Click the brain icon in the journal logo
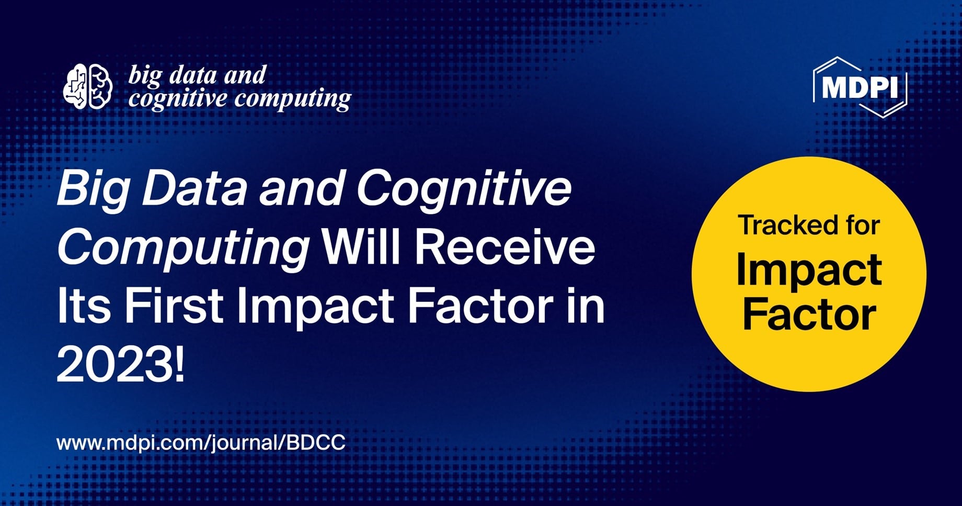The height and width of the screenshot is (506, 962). [87, 86]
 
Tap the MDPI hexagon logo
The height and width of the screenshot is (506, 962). [860, 87]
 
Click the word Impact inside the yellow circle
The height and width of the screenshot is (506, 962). [809, 271]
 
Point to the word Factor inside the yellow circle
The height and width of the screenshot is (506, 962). [809, 315]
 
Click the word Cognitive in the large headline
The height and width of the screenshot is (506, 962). [464, 188]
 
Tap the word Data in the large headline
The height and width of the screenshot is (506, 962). [194, 188]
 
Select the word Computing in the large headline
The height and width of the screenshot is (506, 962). [183, 248]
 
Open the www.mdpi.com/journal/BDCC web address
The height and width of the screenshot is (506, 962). [201, 443]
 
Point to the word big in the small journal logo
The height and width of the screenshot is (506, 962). [146, 76]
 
